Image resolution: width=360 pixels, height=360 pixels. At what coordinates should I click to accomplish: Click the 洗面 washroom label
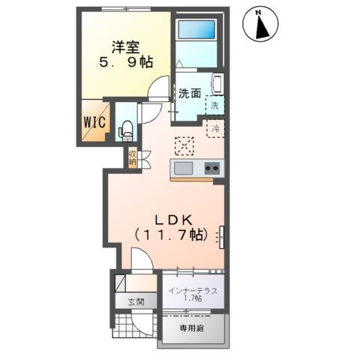[x=188, y=94]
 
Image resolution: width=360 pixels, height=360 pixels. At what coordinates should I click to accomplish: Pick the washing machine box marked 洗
[x=214, y=106]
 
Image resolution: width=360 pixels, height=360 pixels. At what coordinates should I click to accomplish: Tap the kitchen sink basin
[x=184, y=167]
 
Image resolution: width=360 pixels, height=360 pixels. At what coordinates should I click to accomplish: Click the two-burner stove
[x=211, y=168]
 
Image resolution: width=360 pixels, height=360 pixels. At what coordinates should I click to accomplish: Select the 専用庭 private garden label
[x=191, y=328]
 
